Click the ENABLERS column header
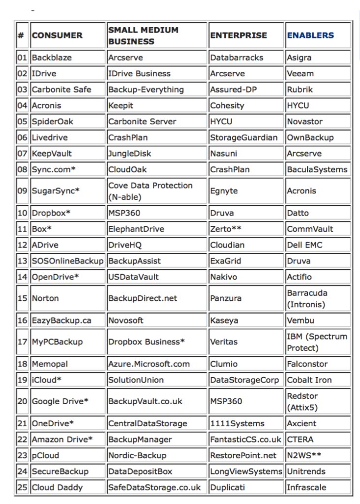pos(310,35)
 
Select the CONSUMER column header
pos(57,35)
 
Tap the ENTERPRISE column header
pos(239,35)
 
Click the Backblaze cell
pos(52,58)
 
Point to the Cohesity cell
pos(227,105)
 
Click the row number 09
pos(22,190)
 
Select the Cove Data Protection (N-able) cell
pos(150,191)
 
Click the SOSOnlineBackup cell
pos(68,261)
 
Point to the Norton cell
pos(45,298)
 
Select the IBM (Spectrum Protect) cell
pos(317,342)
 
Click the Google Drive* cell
pos(60,401)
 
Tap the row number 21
pos(22,423)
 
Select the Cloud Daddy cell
pos(57,487)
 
